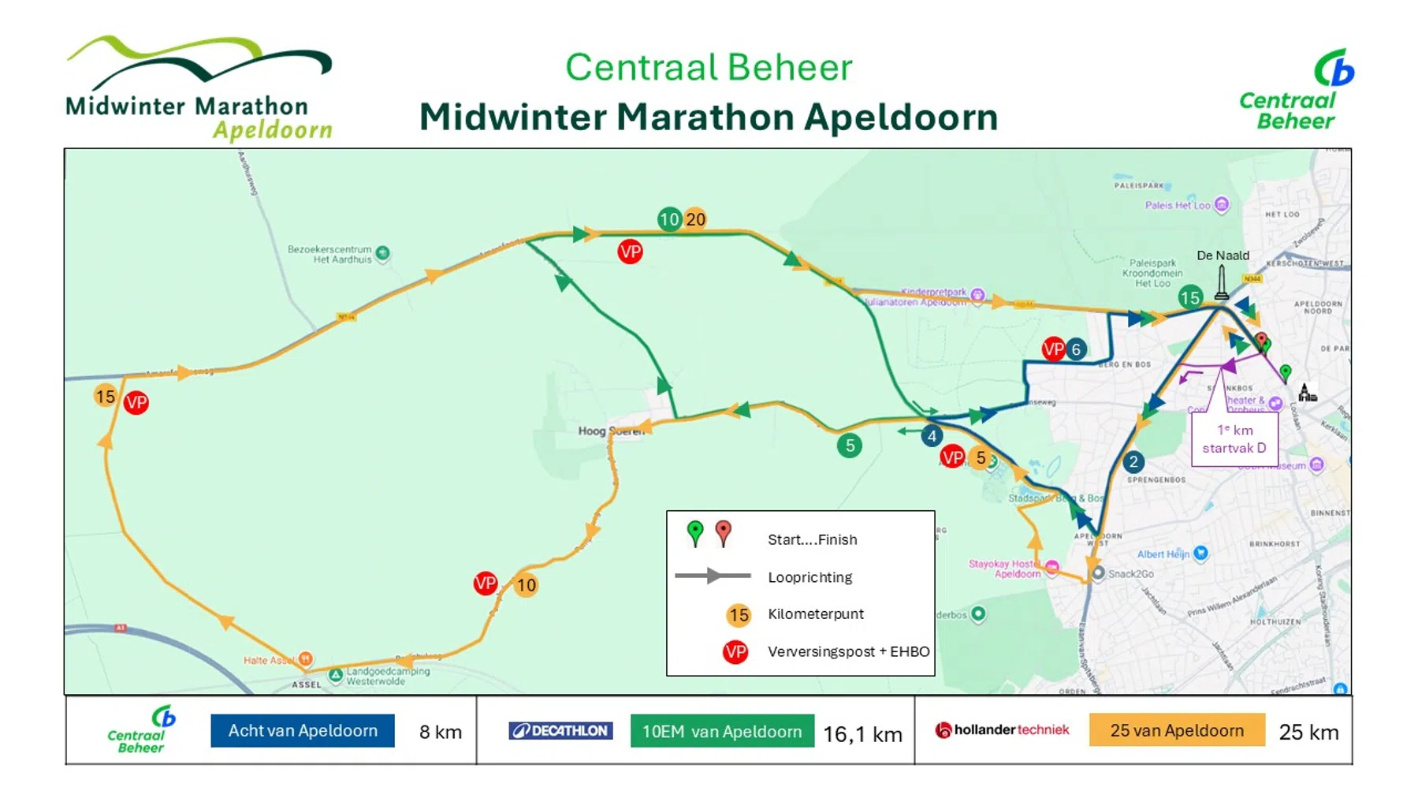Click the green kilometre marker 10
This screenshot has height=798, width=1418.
coord(668,219)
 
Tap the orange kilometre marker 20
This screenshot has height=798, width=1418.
coord(695,219)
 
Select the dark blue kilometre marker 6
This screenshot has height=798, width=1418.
coord(1076,349)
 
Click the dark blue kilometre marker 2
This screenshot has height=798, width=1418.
coord(1133,462)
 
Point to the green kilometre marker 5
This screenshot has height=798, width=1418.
coord(850,446)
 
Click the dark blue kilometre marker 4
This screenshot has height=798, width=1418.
coord(932,436)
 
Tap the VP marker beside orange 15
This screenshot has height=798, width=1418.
coord(136,403)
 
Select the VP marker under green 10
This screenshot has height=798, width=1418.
coord(630,252)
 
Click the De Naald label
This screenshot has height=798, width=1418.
coord(1223,255)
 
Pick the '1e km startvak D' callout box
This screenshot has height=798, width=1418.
coord(1234,439)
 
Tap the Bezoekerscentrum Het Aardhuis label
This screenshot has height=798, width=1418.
coord(329,254)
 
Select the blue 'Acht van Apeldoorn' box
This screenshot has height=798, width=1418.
coord(303,731)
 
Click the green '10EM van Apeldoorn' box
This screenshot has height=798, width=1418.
coord(722,732)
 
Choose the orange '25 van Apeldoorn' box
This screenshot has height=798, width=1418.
coord(1177,730)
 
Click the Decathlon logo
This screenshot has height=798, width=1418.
coord(560,731)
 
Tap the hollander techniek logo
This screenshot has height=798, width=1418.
coord(1002,730)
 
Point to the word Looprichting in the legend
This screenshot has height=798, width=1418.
coord(809,577)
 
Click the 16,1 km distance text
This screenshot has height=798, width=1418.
coord(862,734)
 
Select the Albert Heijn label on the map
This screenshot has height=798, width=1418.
coord(1163,554)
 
